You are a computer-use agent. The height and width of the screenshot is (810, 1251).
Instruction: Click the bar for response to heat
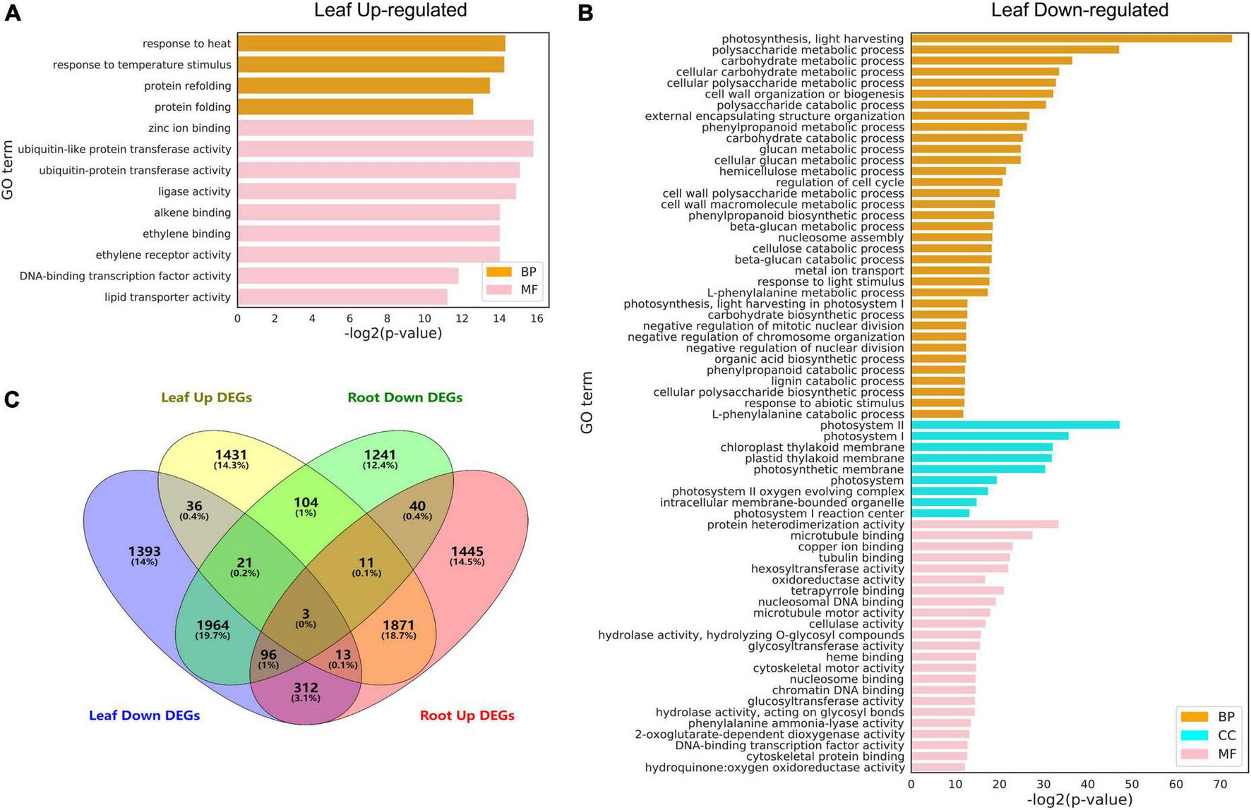[x=371, y=44]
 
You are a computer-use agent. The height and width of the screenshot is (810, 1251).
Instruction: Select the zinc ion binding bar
[x=385, y=128]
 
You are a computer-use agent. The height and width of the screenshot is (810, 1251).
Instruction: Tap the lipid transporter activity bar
[x=342, y=297]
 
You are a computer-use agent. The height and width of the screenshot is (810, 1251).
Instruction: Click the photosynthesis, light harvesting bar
[x=1070, y=39]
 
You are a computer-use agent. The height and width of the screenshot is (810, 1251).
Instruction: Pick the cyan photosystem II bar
[x=1014, y=425]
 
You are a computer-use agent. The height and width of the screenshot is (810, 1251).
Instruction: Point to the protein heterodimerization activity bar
[x=984, y=524]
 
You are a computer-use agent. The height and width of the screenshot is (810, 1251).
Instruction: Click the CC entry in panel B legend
[x=1208, y=735]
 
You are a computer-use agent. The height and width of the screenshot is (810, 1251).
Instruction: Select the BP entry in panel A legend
[x=511, y=272]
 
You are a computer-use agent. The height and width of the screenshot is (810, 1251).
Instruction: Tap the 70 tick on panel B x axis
[x=1220, y=785]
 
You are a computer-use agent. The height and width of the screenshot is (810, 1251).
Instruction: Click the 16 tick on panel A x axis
[x=537, y=318]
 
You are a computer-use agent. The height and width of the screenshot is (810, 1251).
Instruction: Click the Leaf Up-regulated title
[x=390, y=10]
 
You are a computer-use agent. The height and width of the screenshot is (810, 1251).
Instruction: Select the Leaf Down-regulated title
[x=1079, y=10]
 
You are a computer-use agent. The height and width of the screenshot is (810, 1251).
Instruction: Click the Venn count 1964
[x=213, y=625]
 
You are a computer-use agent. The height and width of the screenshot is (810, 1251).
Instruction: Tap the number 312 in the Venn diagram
[x=306, y=687]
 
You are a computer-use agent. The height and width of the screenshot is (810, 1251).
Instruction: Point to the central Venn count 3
[x=306, y=614]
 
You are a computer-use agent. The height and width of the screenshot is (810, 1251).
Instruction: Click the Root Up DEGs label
[x=467, y=715]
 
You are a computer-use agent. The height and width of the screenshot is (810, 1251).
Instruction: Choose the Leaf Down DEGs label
[x=144, y=715]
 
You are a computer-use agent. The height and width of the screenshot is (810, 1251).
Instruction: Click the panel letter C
[x=12, y=400]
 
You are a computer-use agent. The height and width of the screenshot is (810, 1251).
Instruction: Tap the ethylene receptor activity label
[x=163, y=255]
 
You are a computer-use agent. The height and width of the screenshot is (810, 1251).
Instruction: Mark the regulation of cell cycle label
[x=839, y=182]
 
